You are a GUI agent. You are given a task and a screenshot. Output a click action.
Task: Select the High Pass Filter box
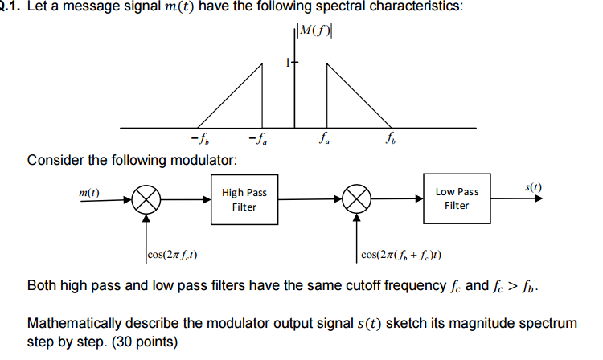244,199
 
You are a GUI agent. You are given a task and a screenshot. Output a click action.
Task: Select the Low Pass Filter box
456,198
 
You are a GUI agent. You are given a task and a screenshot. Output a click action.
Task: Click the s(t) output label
532,188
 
